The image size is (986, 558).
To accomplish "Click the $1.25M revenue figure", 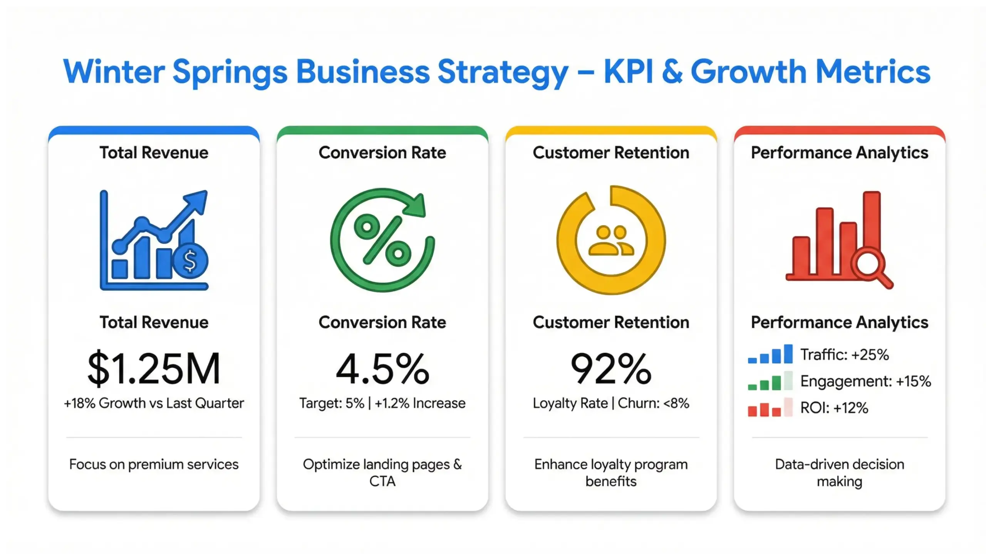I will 154,369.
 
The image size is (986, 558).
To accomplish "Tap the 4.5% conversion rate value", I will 382,369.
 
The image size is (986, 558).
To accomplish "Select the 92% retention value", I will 611,369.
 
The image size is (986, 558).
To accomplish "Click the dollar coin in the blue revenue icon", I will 190,261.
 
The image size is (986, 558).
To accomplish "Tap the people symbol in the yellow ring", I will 611,241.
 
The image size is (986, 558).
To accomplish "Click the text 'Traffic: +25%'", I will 844,355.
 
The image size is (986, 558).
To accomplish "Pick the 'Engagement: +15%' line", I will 865,381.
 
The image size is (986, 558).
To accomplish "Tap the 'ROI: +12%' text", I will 834,408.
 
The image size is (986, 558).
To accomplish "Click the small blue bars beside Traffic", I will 770,355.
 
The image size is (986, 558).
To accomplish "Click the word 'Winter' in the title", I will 114,72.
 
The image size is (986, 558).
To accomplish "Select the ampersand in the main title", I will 672,72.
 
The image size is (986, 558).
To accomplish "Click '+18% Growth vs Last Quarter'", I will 154,403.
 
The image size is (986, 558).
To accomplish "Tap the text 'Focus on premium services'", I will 154,464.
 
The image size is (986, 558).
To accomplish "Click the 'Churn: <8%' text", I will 653,403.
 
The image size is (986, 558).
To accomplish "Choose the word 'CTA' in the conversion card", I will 382,481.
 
